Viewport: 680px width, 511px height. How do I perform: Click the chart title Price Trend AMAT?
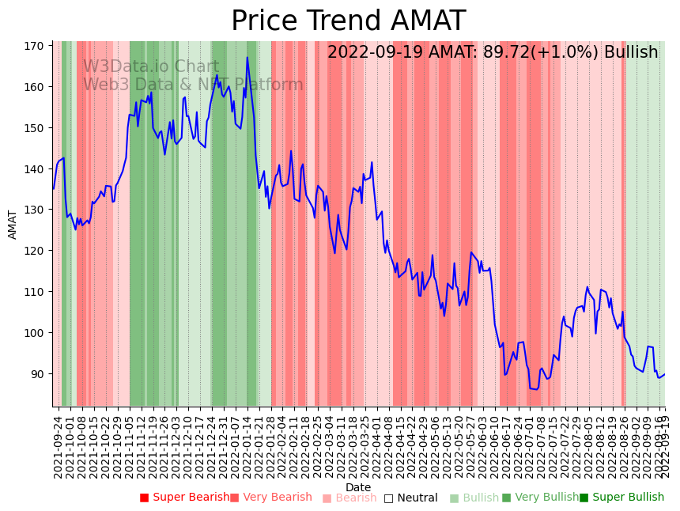click(x=348, y=21)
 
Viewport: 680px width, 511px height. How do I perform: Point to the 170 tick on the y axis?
click(x=33, y=46)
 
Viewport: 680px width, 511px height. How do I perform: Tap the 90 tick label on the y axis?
click(x=36, y=373)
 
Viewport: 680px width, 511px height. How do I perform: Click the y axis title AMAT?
click(x=13, y=224)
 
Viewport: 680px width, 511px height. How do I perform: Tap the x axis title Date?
click(x=358, y=488)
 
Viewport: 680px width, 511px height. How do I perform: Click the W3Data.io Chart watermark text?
click(x=151, y=66)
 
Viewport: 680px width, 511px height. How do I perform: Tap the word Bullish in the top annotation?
click(x=631, y=53)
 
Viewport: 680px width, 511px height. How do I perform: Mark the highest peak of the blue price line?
click(x=247, y=58)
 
